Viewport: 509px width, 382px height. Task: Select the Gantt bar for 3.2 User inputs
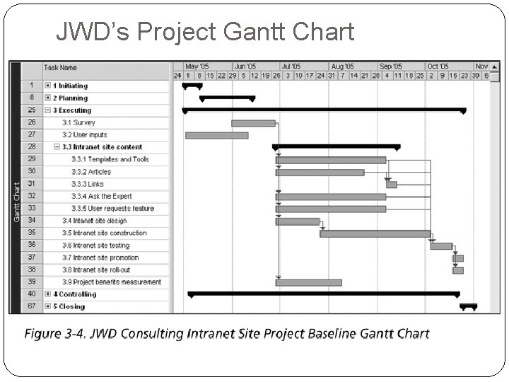click(216, 135)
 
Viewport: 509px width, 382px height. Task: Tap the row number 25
click(32, 110)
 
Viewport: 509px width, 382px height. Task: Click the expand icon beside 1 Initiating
click(47, 86)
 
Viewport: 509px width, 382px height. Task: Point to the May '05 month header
click(197, 66)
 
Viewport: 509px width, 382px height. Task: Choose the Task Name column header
click(61, 68)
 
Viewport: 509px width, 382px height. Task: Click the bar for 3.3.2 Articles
click(320, 172)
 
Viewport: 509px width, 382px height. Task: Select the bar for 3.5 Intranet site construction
click(375, 233)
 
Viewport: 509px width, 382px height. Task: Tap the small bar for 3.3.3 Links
click(391, 185)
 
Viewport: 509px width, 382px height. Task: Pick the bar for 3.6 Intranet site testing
click(441, 246)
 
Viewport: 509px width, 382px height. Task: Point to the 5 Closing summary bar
click(468, 306)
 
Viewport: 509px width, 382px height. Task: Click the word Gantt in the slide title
click(269, 32)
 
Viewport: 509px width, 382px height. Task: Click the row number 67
click(32, 306)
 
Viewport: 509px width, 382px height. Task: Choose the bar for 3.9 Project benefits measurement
click(308, 282)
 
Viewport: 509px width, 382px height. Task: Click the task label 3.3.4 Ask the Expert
click(102, 196)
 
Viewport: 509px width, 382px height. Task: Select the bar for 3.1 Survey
click(253, 123)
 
